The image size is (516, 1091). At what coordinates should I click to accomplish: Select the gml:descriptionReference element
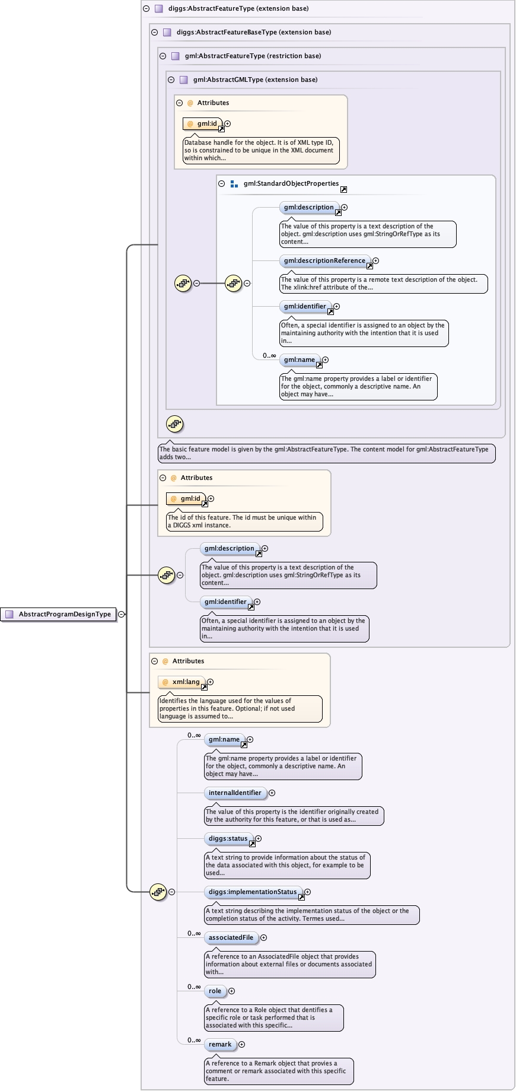324,260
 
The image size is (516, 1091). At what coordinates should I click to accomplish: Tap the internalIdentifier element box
235,793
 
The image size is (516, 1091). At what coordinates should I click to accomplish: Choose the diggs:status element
228,838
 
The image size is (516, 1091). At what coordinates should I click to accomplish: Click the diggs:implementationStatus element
253,892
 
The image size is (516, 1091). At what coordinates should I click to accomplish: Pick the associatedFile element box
231,937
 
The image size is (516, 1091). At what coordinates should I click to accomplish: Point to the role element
215,991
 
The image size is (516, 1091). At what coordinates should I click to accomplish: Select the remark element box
220,1044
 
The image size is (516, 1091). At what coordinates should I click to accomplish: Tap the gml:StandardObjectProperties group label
291,183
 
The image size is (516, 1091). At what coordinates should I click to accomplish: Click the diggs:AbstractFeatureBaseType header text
254,32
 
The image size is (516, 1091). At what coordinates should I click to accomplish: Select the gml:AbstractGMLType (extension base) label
255,79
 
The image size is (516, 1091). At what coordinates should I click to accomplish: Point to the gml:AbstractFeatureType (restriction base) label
253,56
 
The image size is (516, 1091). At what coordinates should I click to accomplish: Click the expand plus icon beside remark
241,1044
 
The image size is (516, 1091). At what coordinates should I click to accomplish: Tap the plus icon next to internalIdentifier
272,793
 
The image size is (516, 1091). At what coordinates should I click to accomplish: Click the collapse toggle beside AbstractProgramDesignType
122,614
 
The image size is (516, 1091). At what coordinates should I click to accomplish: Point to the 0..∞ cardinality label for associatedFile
194,933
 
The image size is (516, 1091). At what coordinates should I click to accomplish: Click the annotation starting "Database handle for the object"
259,150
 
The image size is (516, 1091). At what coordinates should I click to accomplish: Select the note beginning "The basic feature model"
326,453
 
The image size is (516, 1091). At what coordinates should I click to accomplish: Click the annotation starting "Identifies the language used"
240,708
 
